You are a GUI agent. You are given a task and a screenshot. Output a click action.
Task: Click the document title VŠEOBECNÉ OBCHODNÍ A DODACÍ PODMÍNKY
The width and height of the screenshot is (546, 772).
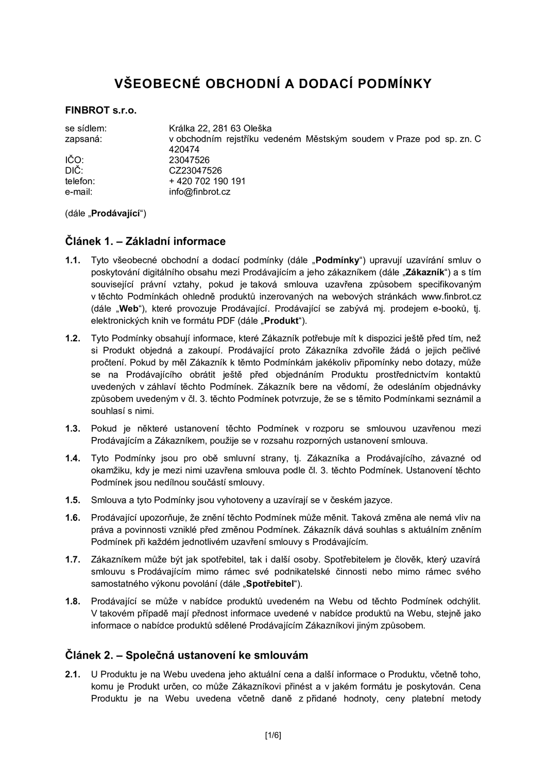coord(272,84)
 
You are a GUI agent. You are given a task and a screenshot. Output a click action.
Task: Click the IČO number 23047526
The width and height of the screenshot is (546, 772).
coord(189,160)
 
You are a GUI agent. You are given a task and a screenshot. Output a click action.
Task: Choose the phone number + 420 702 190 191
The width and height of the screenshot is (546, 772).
coord(207,181)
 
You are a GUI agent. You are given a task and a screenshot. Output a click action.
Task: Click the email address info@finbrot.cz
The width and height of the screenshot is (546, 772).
coord(199,192)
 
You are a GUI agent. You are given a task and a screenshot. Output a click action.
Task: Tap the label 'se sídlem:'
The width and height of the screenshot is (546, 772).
coord(86,128)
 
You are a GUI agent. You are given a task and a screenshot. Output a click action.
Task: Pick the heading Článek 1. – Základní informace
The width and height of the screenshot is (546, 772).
coord(145,241)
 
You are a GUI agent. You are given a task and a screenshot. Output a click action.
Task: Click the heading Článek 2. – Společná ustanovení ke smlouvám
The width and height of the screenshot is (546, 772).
coord(186,655)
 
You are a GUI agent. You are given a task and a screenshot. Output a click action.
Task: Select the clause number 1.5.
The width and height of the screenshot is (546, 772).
coord(73,500)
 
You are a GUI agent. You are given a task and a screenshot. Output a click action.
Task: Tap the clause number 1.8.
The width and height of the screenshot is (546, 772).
coord(73,601)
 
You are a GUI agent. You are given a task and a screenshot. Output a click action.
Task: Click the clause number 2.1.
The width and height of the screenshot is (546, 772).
coord(73,674)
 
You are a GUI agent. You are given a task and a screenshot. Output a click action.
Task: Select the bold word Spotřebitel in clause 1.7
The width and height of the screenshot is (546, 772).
coord(271,584)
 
